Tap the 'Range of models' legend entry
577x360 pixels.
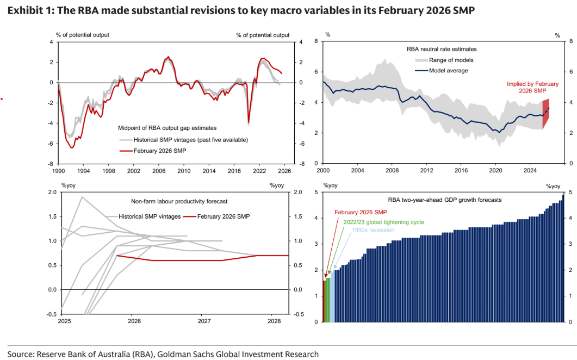[451, 60]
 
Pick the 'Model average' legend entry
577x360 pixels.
[448, 71]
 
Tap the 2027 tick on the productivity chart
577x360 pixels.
[204, 321]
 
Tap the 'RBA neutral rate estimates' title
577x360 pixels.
[442, 49]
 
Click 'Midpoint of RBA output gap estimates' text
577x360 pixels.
[167, 128]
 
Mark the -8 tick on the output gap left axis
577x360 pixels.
[51, 164]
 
